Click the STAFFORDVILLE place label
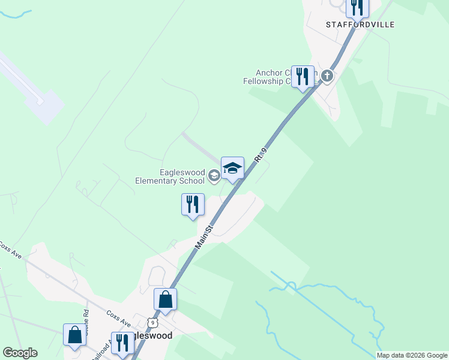360,25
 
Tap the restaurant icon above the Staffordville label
358,7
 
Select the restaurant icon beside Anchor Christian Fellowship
303,77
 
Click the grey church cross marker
327,76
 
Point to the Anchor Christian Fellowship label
270,77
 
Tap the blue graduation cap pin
232,168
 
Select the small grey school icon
214,176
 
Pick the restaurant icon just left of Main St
193,204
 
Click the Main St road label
203,238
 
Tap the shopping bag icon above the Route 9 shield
165,299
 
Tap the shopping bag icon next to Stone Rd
75,335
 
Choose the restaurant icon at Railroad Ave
122,343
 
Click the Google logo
20,353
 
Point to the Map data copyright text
412,355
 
